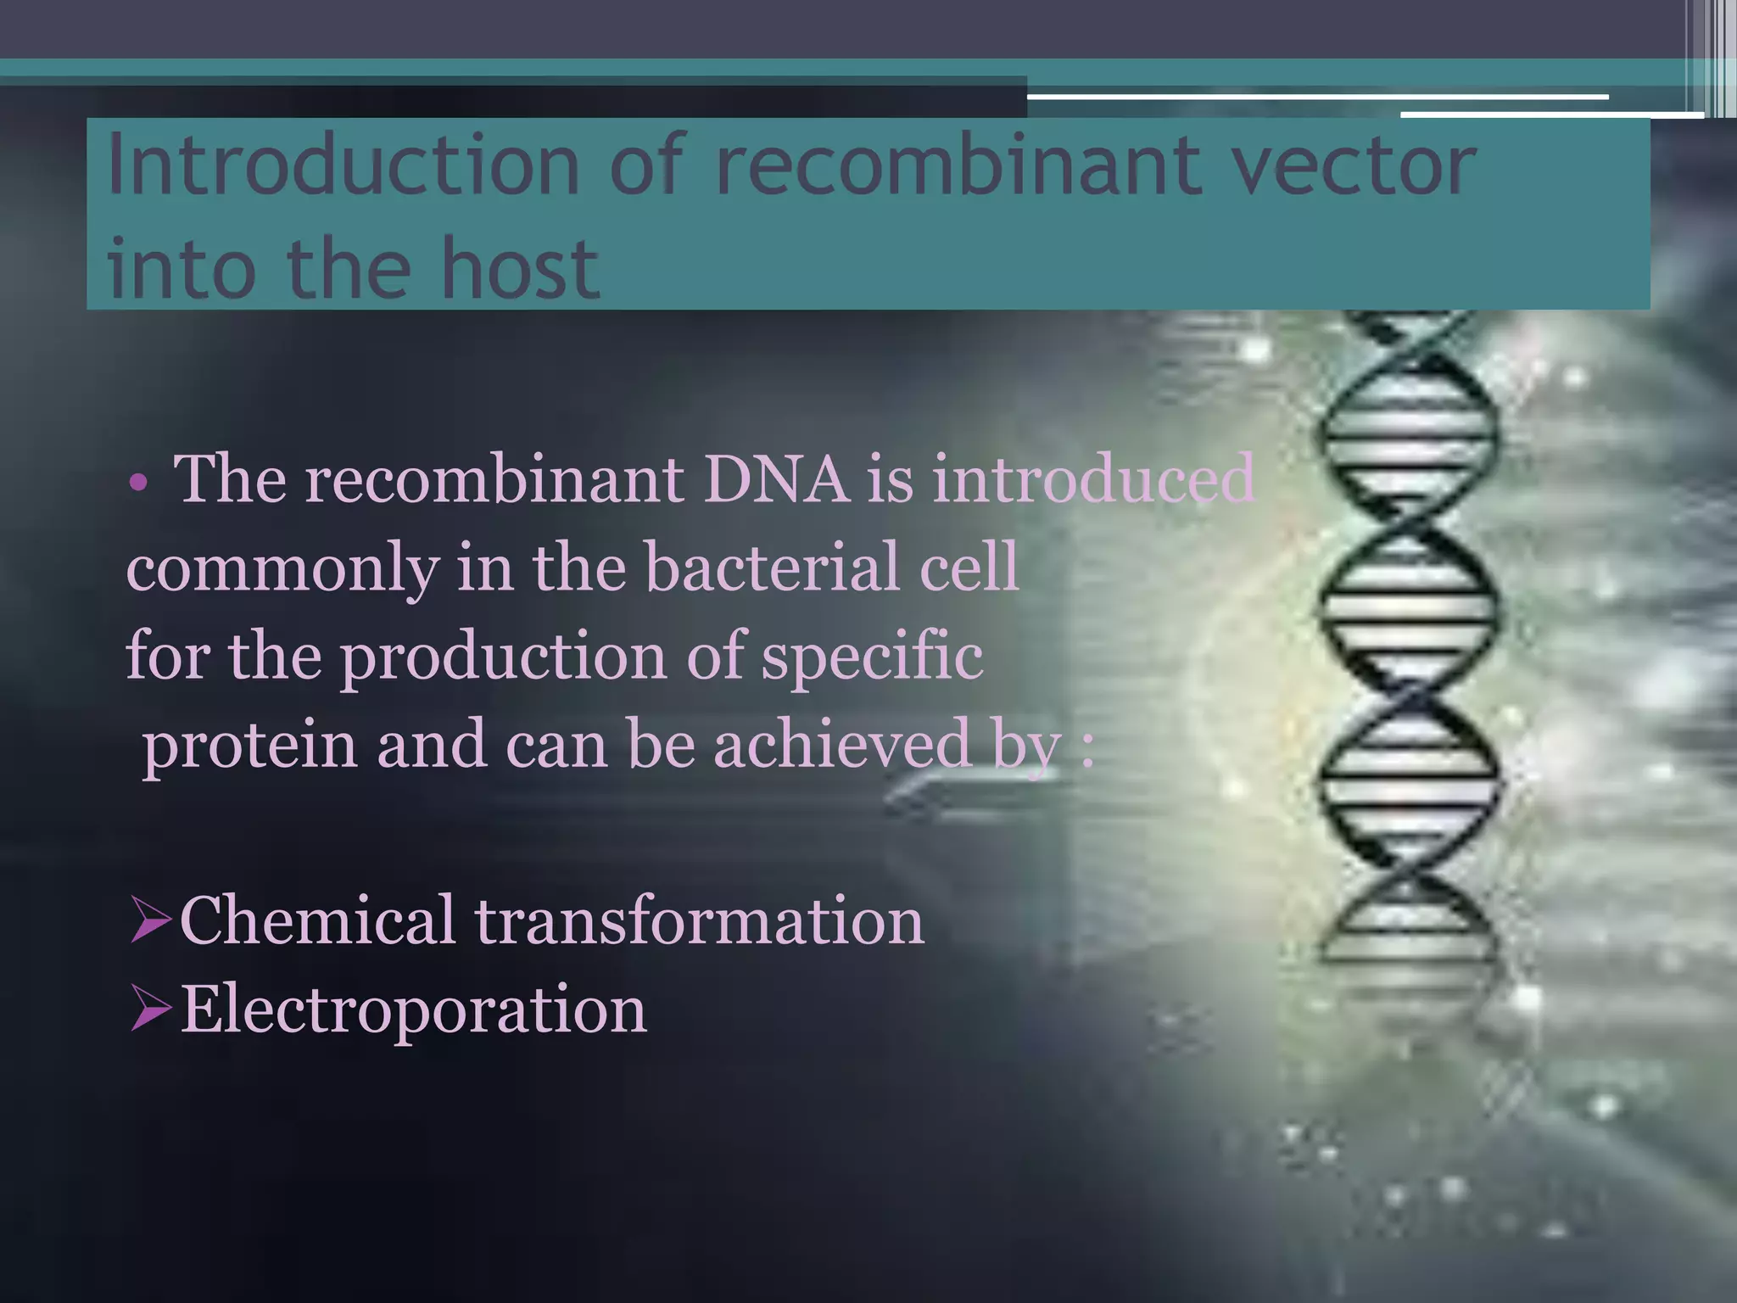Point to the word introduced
click(1093, 479)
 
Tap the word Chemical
click(317, 920)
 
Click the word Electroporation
click(414, 1011)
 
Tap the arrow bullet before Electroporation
click(151, 1011)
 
